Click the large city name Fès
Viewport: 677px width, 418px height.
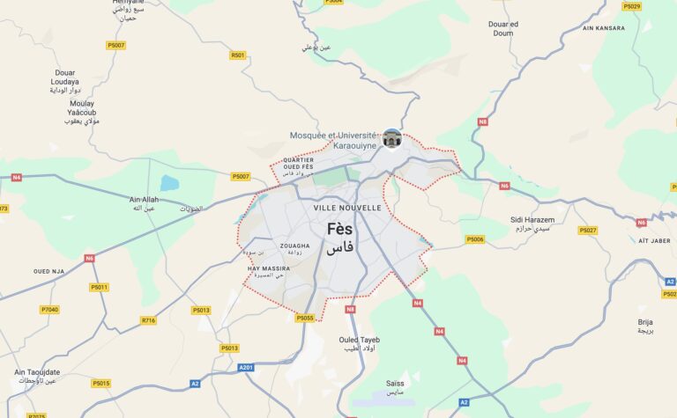pos(339,229)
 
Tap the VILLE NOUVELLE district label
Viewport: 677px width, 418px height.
pos(347,208)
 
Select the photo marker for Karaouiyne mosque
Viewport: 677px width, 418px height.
pos(392,138)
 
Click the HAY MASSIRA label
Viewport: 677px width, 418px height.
pos(269,268)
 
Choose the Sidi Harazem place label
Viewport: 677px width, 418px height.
pos(532,219)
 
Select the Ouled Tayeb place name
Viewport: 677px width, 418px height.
pos(359,340)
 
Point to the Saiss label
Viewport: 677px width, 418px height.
pos(395,383)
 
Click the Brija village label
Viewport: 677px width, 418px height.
pos(645,322)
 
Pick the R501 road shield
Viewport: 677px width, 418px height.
pos(238,55)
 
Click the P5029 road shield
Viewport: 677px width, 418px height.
pos(631,6)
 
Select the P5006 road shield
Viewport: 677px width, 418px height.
pos(475,239)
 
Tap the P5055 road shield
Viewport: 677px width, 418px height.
pos(305,318)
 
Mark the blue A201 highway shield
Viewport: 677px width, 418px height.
pos(246,367)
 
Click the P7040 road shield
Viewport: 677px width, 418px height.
pos(49,310)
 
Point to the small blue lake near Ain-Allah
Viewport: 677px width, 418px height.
pos(169,183)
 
